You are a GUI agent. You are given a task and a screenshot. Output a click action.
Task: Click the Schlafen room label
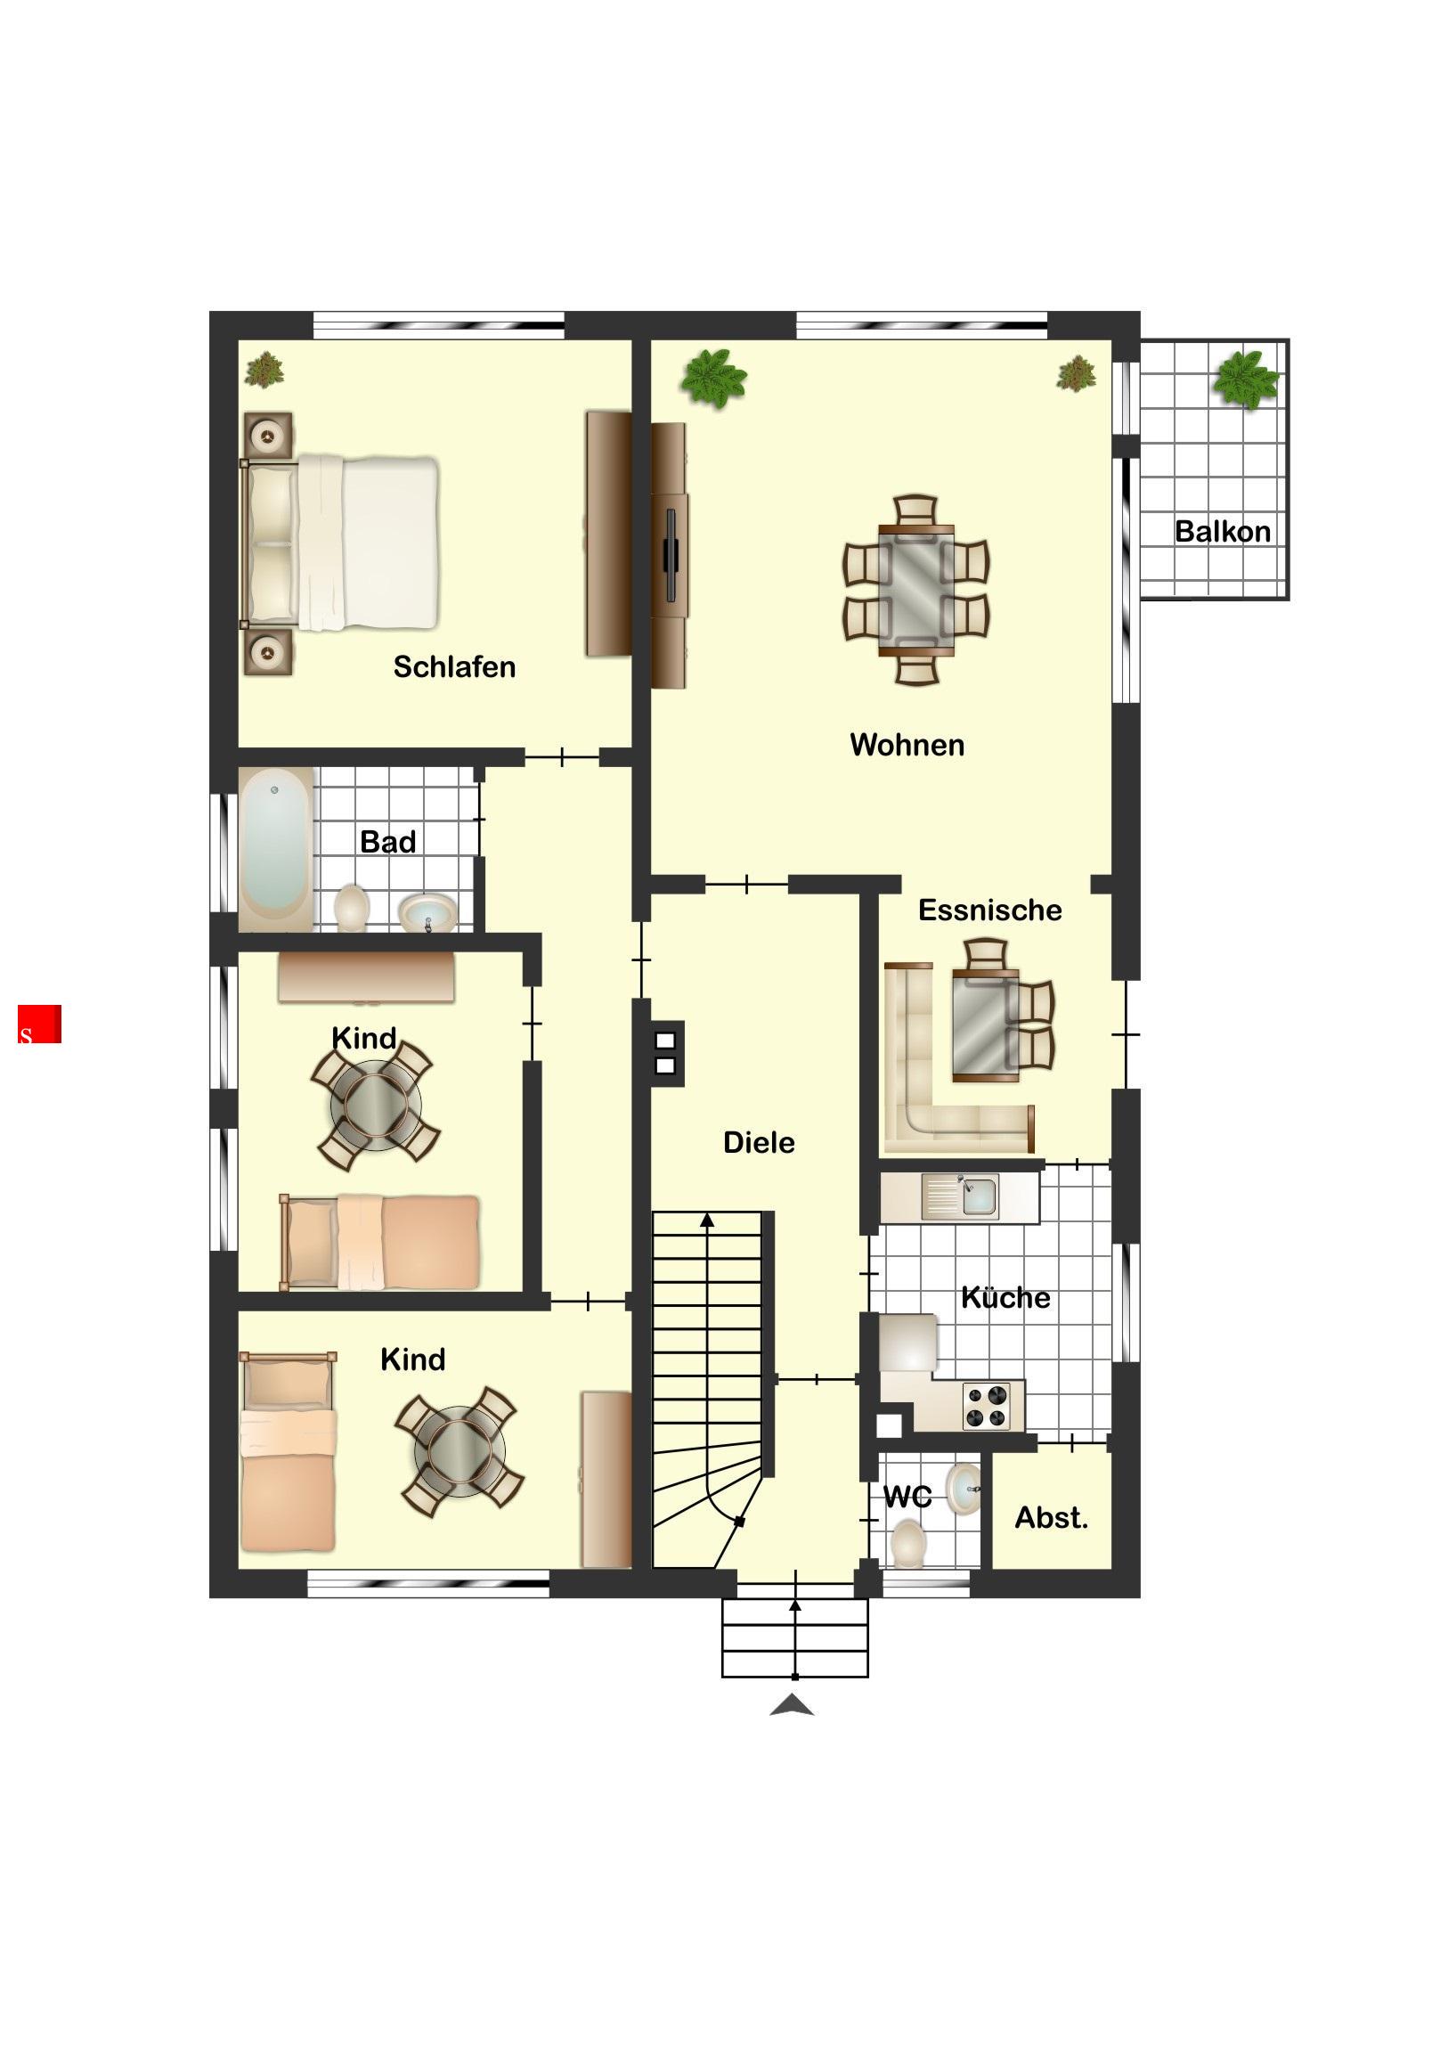[x=454, y=666]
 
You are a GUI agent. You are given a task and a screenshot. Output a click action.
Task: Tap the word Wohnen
[x=907, y=744]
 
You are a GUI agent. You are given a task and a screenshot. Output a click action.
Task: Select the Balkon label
[x=1223, y=531]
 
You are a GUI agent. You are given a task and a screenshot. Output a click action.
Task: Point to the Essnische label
[x=989, y=910]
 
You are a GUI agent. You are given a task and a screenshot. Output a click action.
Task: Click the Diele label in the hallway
[x=759, y=1141]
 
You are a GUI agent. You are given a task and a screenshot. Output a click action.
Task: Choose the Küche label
[x=1005, y=1297]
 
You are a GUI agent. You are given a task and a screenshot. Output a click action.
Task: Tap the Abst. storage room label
[x=1051, y=1517]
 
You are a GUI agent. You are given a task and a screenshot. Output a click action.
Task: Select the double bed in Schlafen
[x=340, y=543]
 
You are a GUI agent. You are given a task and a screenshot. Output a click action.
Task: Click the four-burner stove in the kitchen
[x=987, y=1406]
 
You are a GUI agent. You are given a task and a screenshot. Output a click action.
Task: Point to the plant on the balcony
[x=1245, y=380]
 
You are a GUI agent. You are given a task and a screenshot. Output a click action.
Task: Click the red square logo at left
[x=39, y=1024]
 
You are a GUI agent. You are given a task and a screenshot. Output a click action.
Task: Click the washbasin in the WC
[x=963, y=1488]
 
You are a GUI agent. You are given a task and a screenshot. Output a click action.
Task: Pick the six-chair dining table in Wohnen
[x=916, y=590]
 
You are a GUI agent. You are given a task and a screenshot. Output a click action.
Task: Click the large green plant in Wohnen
[x=712, y=378]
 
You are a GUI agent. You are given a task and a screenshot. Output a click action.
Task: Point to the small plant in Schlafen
[x=264, y=370]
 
